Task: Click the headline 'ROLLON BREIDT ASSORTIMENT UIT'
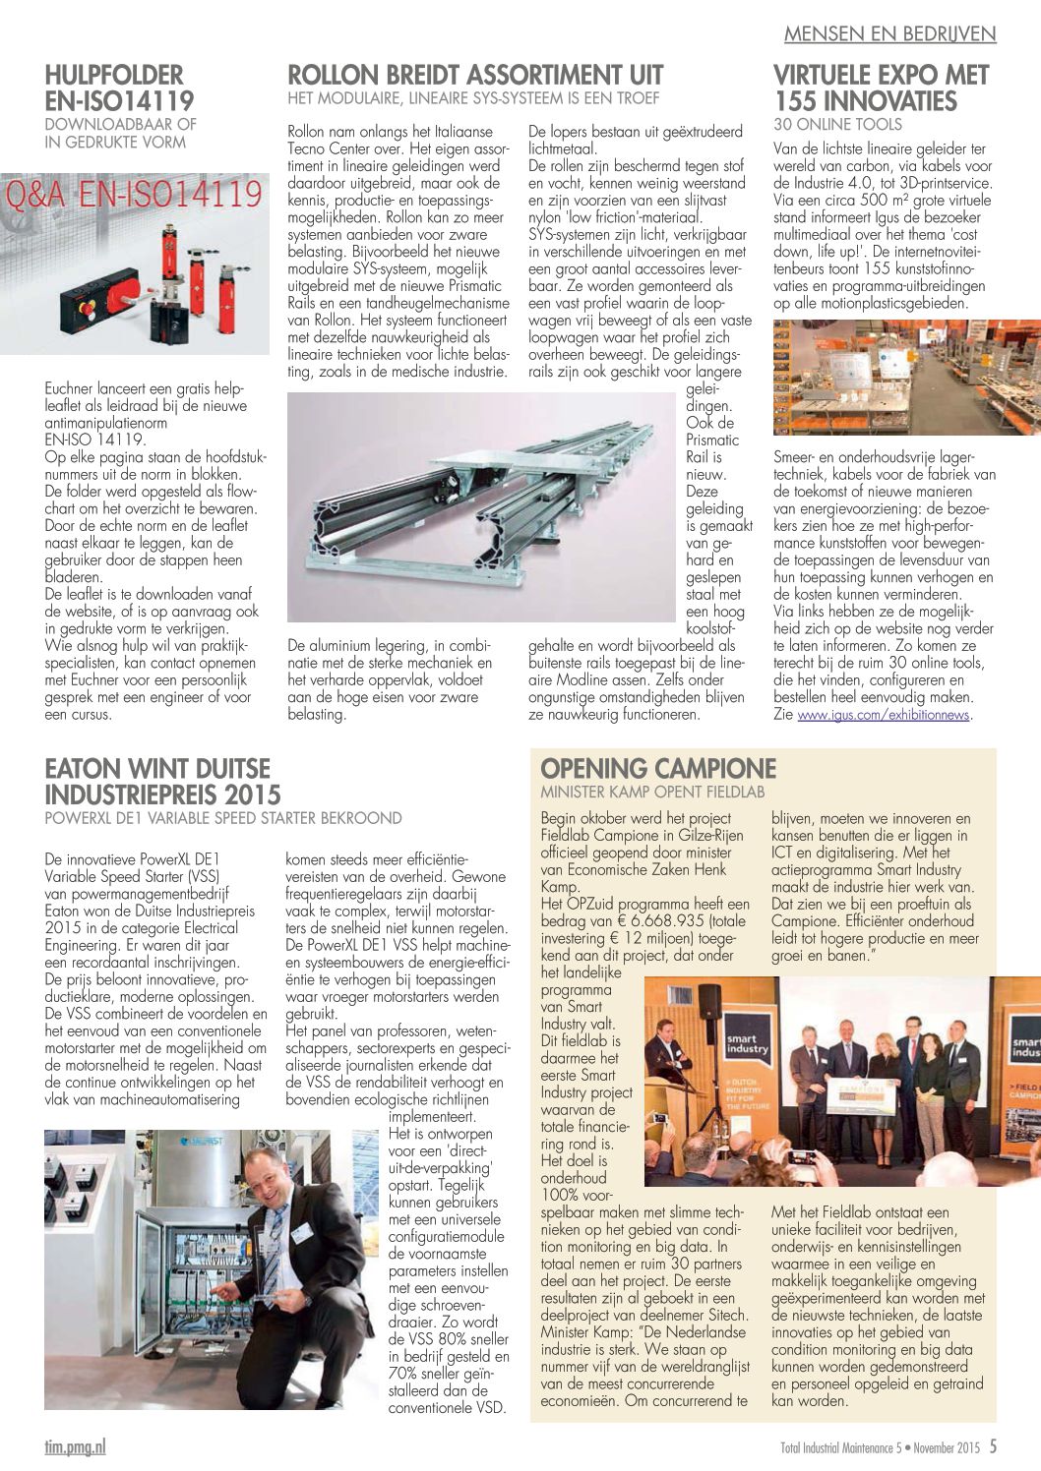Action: [475, 76]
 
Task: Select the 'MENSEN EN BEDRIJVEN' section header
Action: [889, 33]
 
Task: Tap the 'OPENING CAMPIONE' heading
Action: [658, 768]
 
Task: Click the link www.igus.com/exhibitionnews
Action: [883, 715]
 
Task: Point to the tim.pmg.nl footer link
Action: [75, 1446]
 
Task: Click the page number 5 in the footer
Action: [993, 1446]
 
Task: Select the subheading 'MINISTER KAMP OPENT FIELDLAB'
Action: [652, 792]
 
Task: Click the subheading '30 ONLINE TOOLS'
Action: [837, 124]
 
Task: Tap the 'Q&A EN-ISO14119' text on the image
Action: [135, 194]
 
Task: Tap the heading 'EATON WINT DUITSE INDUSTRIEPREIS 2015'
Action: [162, 781]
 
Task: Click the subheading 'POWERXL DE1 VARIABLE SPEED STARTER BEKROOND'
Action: [223, 817]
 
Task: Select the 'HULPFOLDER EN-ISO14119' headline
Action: [119, 88]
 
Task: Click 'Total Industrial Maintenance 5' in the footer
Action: [840, 1447]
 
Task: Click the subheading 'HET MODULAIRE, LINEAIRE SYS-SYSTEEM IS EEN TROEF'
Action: [472, 98]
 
